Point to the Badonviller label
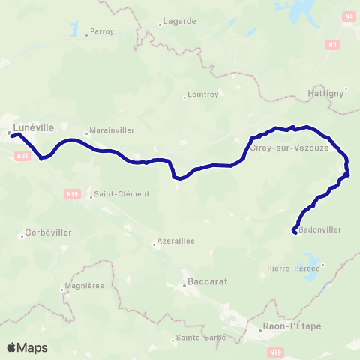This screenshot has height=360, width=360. click(319, 231)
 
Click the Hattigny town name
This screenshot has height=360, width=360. click(325, 93)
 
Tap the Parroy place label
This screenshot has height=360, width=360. click(100, 32)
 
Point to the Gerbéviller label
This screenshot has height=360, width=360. click(49, 232)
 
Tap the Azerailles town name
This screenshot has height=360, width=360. click(175, 241)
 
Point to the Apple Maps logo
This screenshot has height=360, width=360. click(27, 347)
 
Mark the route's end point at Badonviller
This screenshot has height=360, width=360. click(294, 230)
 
